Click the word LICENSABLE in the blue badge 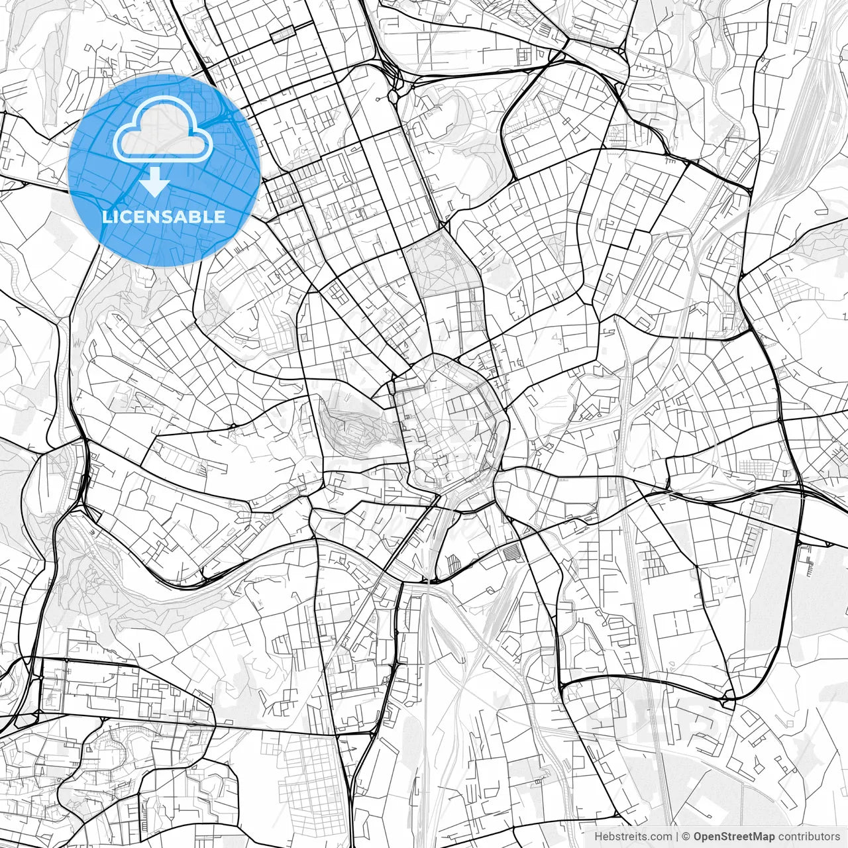tap(164, 217)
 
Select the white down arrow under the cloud tap(155, 182)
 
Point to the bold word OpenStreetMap tap(735, 837)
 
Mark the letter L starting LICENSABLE tap(106, 217)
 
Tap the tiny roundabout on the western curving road tap(233, 425)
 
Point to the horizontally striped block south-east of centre tap(513, 551)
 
